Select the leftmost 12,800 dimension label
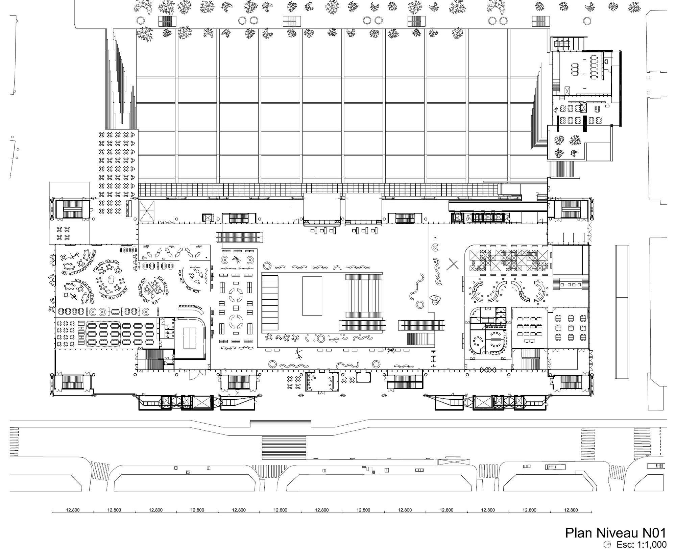pos(73,510)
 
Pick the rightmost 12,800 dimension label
pos(571,510)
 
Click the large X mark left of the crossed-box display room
pos(453,264)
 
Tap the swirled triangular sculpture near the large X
pos(435,299)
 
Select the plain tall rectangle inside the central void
pos(312,296)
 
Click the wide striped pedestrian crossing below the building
pos(284,448)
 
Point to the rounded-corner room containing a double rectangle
pos(191,338)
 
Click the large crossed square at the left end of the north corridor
pos(147,211)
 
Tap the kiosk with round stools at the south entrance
pos(322,382)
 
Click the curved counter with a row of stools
pos(191,307)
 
